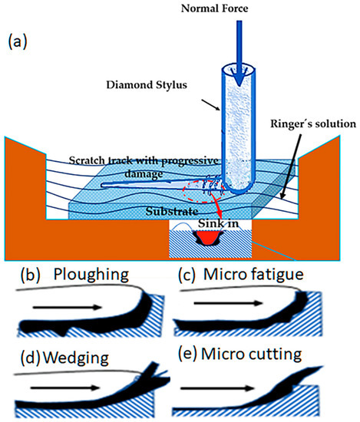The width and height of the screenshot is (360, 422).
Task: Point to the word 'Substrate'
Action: coord(173,209)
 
